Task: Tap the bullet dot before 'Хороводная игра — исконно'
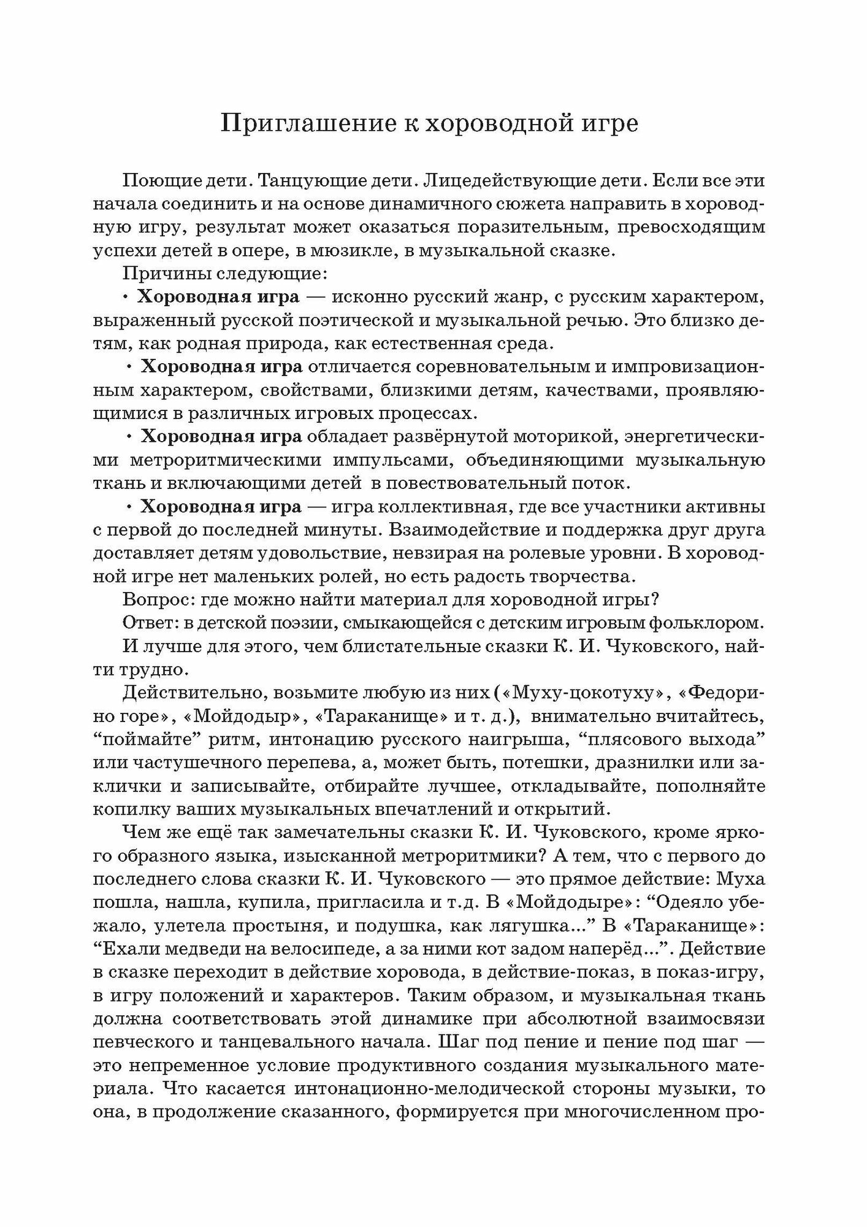tap(126, 298)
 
